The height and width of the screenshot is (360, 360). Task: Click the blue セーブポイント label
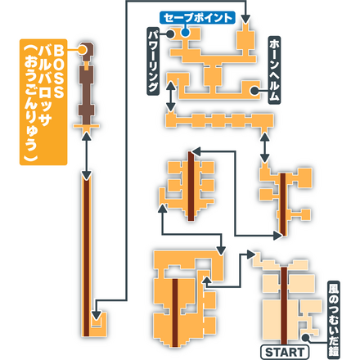197,16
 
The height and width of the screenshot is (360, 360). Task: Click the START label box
284,352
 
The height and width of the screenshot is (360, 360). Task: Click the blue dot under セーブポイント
186,33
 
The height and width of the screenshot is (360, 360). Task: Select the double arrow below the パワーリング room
169,97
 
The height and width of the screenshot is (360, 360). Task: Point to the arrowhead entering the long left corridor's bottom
97,310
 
